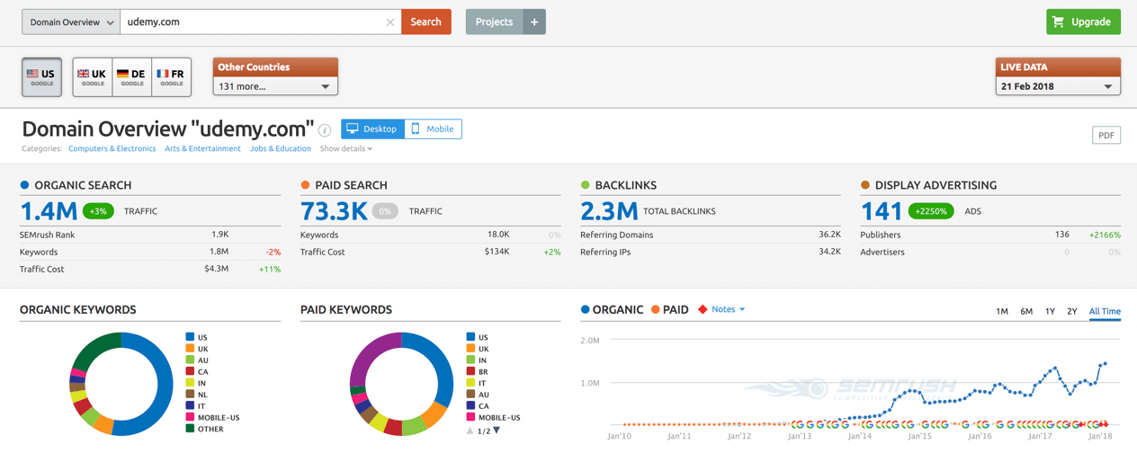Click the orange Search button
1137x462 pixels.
point(425,22)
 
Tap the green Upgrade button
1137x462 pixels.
point(1083,22)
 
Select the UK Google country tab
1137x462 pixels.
point(93,77)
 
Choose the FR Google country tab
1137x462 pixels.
point(171,77)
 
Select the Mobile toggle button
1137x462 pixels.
point(433,129)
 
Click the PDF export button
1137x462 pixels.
point(1106,136)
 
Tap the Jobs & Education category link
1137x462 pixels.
point(280,148)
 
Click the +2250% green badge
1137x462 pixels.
point(931,211)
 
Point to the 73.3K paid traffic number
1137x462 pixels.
point(334,211)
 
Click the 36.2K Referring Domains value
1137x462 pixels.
point(829,235)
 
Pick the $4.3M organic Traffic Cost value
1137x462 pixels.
point(216,268)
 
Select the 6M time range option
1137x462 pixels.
point(1026,311)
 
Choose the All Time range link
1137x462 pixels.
point(1105,311)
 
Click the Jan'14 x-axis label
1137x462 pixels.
point(859,436)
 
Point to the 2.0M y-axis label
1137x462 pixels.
point(590,341)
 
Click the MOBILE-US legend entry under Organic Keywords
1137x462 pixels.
point(212,417)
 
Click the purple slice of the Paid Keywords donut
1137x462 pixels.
point(366,355)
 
